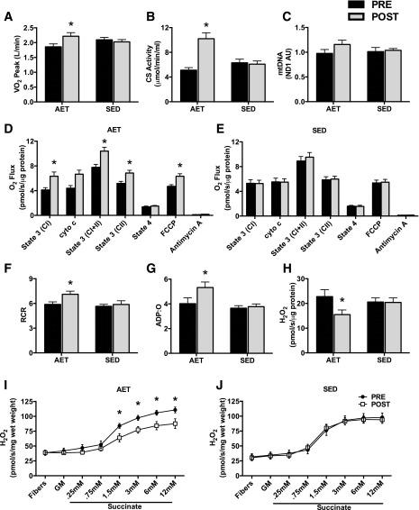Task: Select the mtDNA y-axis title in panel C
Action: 289,50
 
